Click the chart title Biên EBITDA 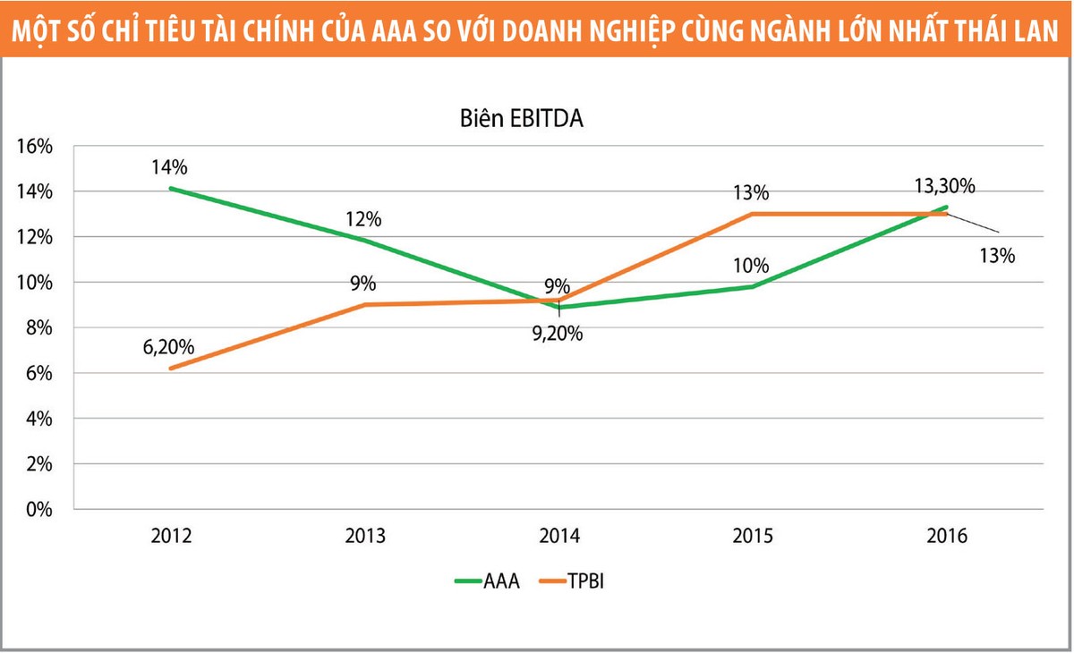[522, 118]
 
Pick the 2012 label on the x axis [171, 536]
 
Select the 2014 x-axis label [559, 536]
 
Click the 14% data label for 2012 [169, 167]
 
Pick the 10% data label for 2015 [752, 265]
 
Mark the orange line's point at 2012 [171, 369]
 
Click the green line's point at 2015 [754, 286]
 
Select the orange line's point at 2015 [754, 214]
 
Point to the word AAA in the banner [452, 30]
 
